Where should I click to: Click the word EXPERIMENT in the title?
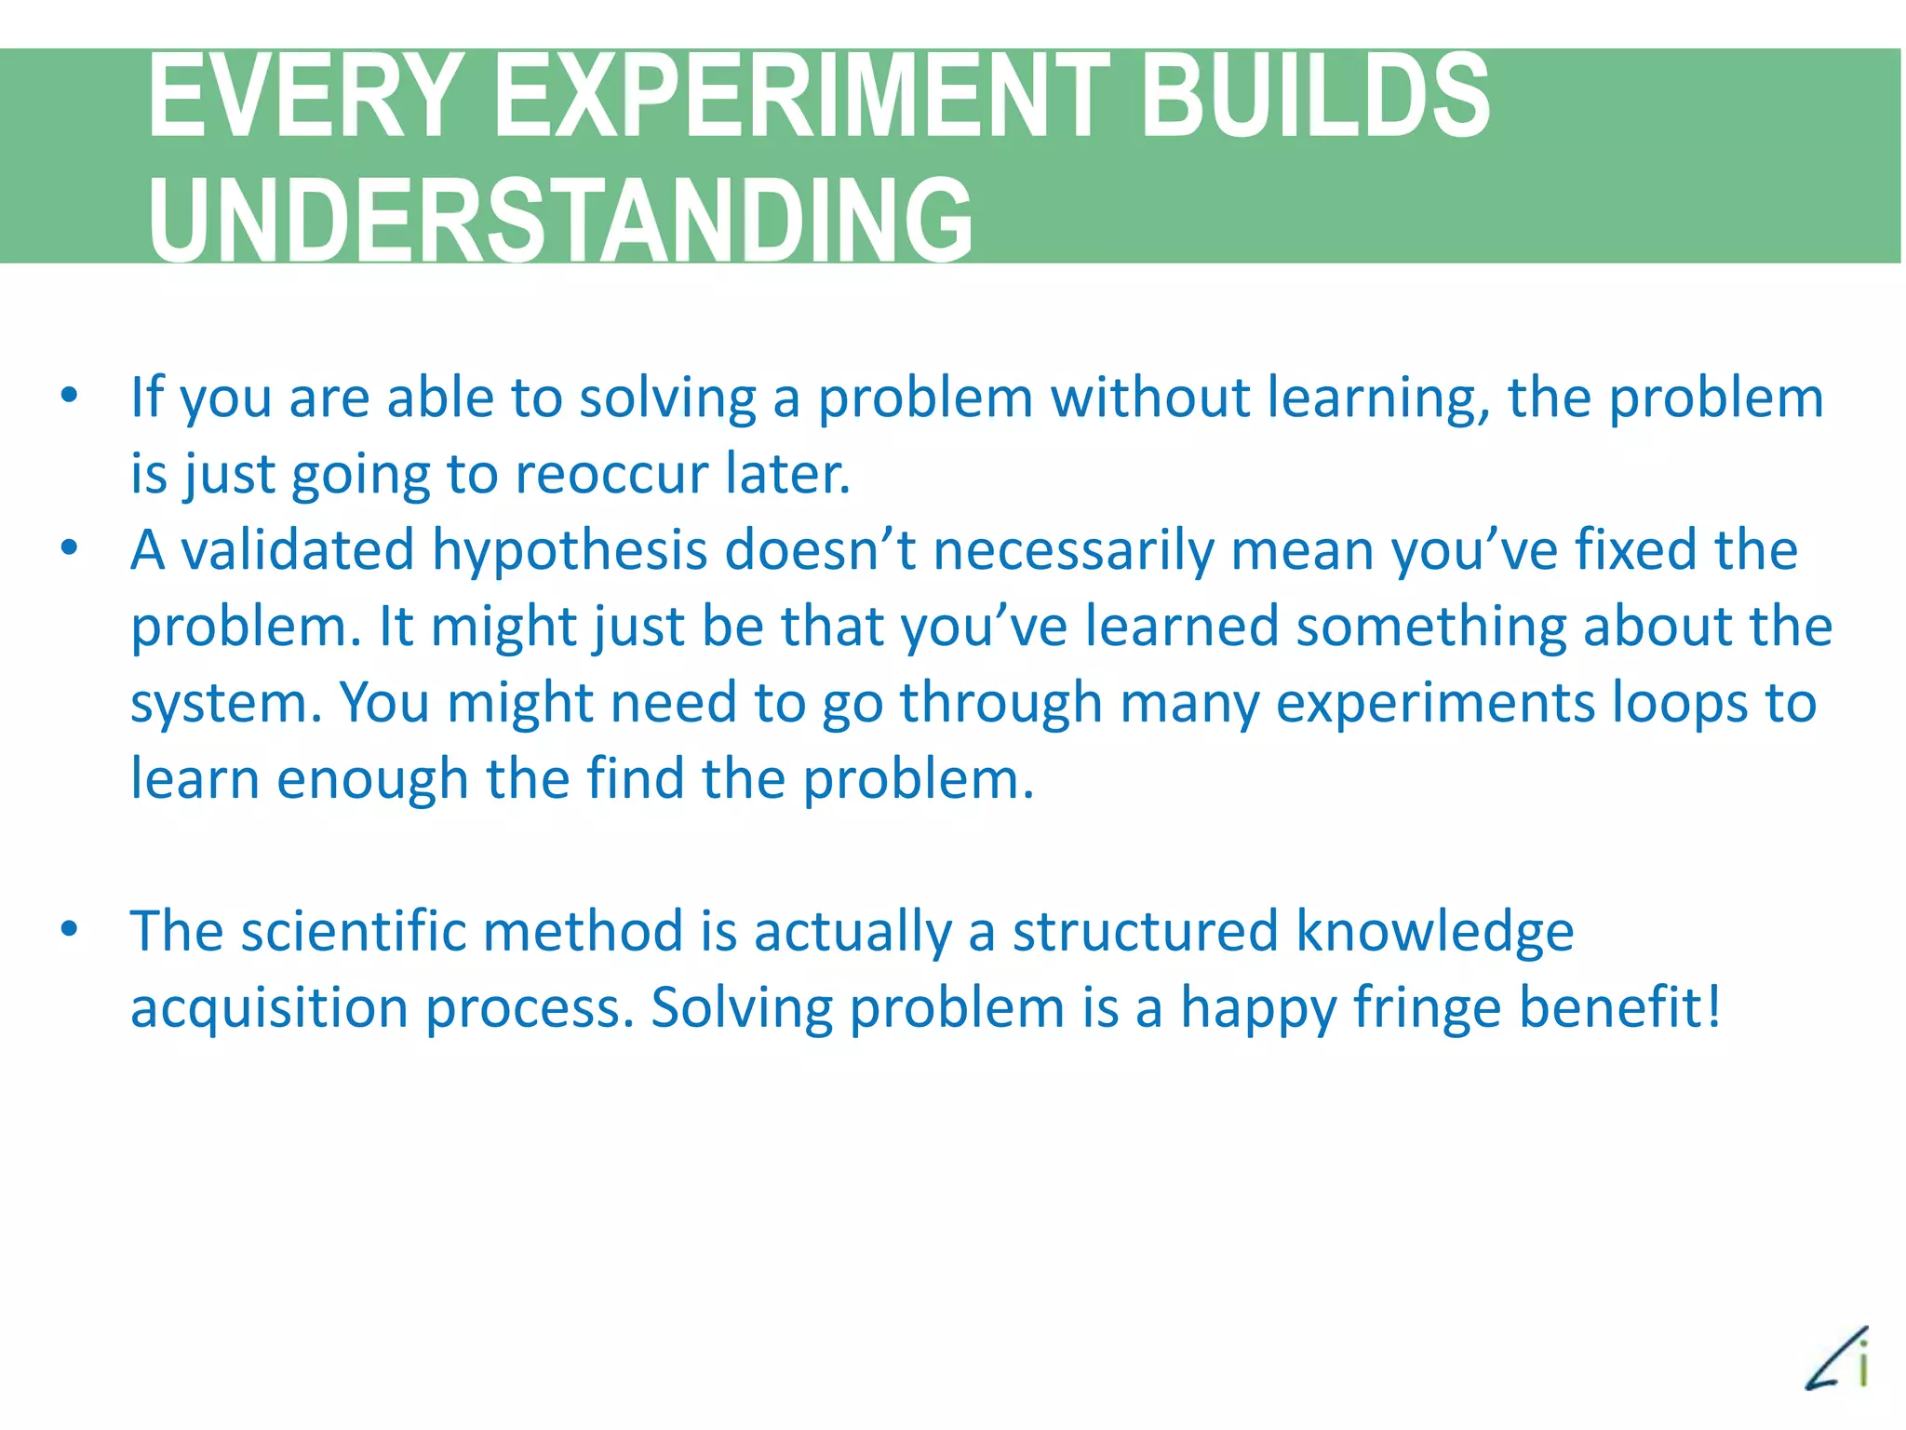pos(800,98)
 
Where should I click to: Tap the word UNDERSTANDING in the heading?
pos(560,221)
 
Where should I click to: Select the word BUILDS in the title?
pos(1314,98)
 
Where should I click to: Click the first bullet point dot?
pos(69,396)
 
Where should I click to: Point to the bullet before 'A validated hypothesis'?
pos(69,547)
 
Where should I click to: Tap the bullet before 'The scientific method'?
pos(69,929)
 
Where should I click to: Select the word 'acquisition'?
pos(269,1009)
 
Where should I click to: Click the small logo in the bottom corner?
pos(1839,1358)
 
